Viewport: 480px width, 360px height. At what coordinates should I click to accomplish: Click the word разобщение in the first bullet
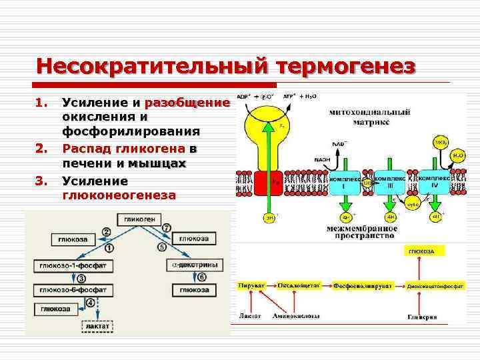coord(191,103)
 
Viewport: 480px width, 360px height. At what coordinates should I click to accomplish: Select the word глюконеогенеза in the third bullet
coord(119,195)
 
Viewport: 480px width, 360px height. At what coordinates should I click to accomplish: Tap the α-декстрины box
coord(193,265)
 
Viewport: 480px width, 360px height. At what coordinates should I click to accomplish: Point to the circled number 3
coord(81,278)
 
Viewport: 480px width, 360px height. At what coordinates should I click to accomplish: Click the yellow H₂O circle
coord(458,154)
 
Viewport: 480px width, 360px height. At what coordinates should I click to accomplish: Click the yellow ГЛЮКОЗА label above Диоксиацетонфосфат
coord(421,251)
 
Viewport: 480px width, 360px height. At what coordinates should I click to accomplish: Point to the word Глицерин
coord(423,317)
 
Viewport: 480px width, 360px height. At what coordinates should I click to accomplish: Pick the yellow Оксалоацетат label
coord(299,285)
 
